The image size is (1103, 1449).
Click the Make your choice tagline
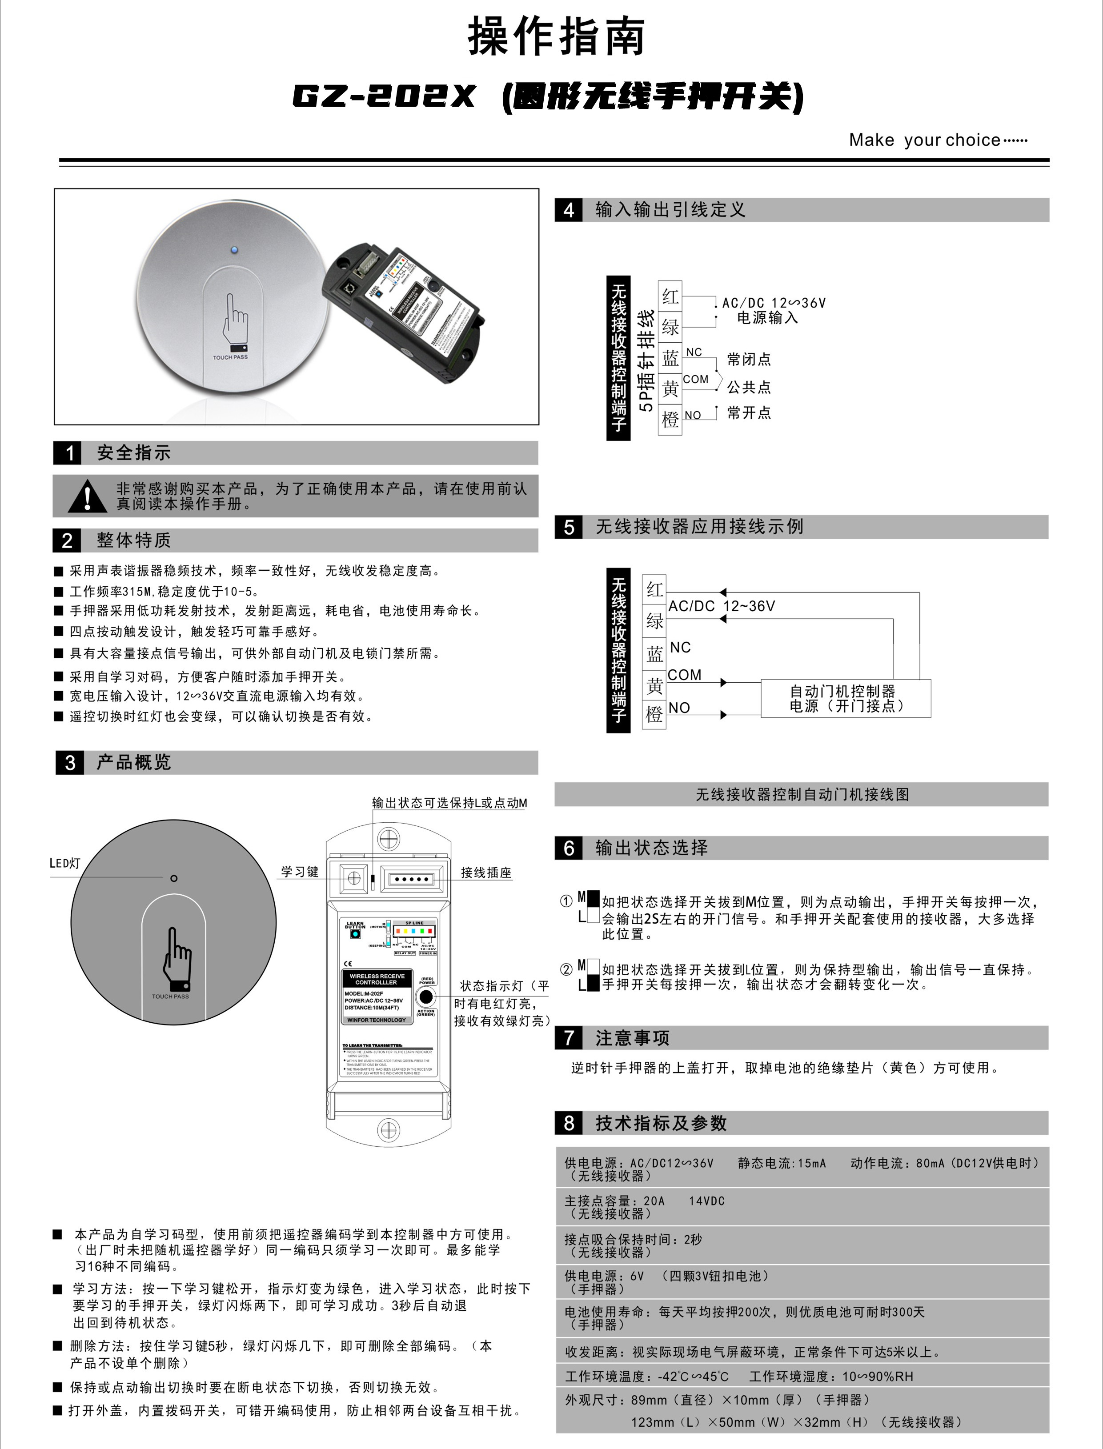click(938, 140)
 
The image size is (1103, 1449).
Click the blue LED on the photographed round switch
click(234, 249)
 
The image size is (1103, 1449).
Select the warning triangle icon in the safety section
click(87, 496)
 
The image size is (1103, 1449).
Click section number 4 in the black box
click(569, 210)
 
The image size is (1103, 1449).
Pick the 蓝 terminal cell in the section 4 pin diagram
click(670, 358)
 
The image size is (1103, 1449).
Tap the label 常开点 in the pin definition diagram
click(749, 413)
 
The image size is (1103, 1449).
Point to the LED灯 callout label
click(65, 864)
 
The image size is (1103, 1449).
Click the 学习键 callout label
click(299, 872)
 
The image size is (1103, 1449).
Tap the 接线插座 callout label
click(486, 873)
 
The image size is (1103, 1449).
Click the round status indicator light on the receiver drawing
click(426, 996)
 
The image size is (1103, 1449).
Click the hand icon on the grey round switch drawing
click(176, 958)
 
